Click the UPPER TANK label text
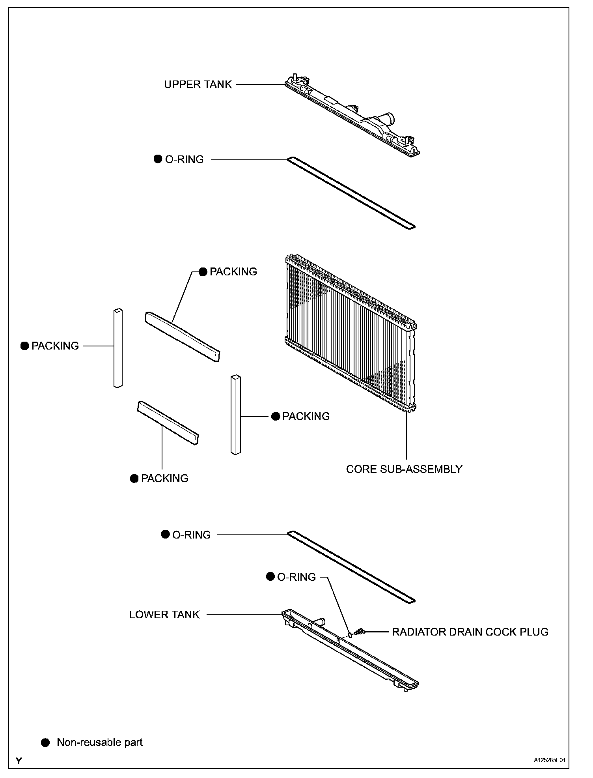[198, 85]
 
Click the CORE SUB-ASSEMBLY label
[404, 469]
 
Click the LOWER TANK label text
[164, 615]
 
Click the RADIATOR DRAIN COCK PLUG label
[470, 632]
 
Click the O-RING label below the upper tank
[184, 160]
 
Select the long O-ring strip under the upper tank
[351, 193]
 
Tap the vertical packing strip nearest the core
[236, 414]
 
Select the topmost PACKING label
[233, 272]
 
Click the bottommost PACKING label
[164, 479]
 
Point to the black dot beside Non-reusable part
[46, 742]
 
